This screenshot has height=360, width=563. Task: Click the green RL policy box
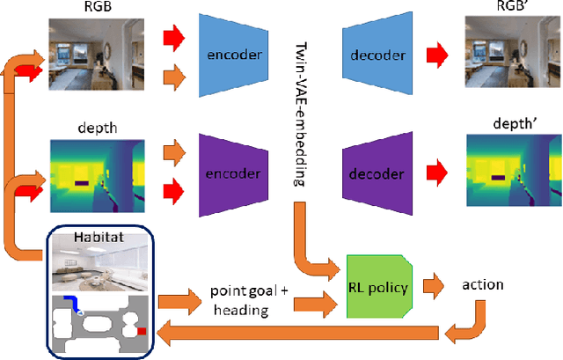pyautogui.click(x=379, y=286)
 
